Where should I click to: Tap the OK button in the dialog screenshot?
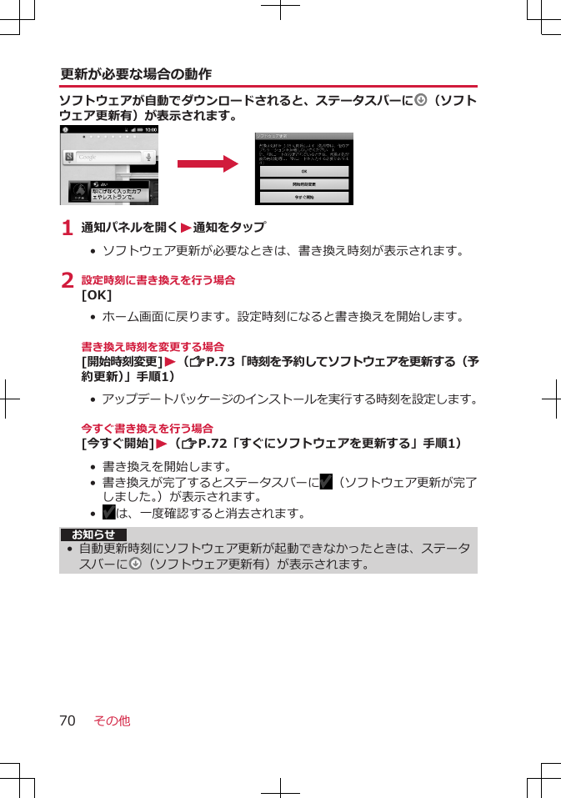click(303, 171)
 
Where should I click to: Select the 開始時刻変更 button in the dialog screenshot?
click(303, 184)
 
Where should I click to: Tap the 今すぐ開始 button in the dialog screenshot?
click(303, 198)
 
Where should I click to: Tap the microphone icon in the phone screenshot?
click(148, 157)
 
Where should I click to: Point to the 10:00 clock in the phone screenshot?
click(150, 130)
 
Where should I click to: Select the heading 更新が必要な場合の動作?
click(136, 74)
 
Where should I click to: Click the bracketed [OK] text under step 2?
click(97, 295)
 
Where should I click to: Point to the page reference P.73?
click(217, 361)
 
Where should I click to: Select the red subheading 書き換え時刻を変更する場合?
click(153, 346)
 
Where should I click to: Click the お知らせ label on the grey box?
click(93, 535)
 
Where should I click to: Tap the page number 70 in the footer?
click(67, 720)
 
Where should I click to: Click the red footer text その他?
click(112, 720)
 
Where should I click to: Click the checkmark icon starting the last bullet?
click(108, 511)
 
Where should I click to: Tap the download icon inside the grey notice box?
click(136, 565)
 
